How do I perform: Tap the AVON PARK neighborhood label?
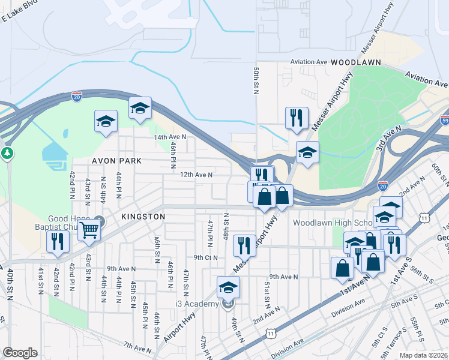117,161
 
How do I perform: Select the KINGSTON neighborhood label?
143,216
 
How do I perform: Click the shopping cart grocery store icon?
89,229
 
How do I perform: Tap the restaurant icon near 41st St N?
58,242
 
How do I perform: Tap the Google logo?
20,353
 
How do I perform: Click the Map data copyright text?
424,355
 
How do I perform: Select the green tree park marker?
7,153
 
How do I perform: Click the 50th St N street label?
256,80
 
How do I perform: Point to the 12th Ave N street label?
196,175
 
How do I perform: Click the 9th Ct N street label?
205,257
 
